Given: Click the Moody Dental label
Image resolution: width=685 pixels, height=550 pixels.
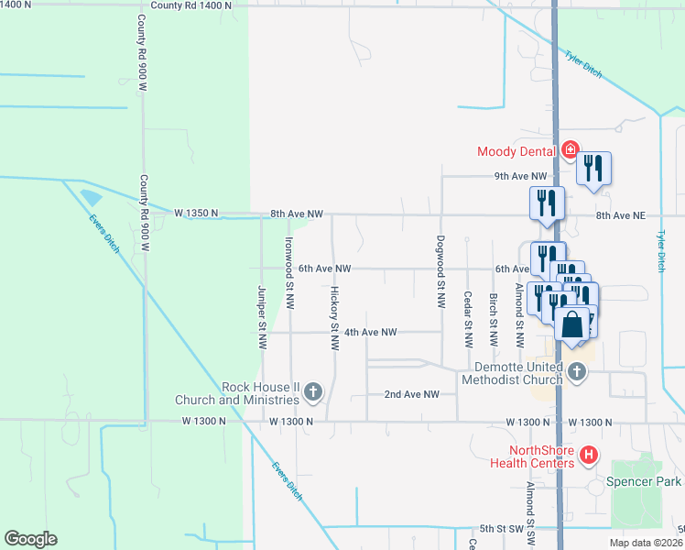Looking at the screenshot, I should [517, 151].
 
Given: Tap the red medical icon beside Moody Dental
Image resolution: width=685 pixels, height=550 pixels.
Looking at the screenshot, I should [570, 149].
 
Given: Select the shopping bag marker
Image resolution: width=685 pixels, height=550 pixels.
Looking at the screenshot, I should [572, 326].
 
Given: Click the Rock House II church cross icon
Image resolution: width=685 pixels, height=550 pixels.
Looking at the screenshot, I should [312, 393].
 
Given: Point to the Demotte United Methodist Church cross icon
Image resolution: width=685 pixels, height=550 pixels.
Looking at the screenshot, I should [576, 371].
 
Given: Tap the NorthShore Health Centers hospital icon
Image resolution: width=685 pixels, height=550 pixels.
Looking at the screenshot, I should [590, 454].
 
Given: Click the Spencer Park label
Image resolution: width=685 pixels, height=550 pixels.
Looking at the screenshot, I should [645, 481].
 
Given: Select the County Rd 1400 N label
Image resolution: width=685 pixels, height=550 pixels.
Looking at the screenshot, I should [191, 5].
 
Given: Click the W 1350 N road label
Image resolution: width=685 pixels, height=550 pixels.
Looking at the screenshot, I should [196, 213].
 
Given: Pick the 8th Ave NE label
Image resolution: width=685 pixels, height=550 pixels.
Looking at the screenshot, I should [621, 215].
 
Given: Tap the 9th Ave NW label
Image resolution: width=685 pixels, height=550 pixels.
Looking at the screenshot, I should [520, 176].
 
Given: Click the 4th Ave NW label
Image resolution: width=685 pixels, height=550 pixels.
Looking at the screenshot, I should [370, 332].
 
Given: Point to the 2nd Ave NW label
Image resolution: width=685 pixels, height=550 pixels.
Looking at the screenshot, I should [411, 394].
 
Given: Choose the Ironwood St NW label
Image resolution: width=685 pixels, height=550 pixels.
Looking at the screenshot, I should [288, 262].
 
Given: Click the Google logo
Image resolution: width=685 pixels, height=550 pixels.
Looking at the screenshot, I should [30, 539].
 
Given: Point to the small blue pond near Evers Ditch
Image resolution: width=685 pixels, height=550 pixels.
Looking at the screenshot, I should [92, 197].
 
